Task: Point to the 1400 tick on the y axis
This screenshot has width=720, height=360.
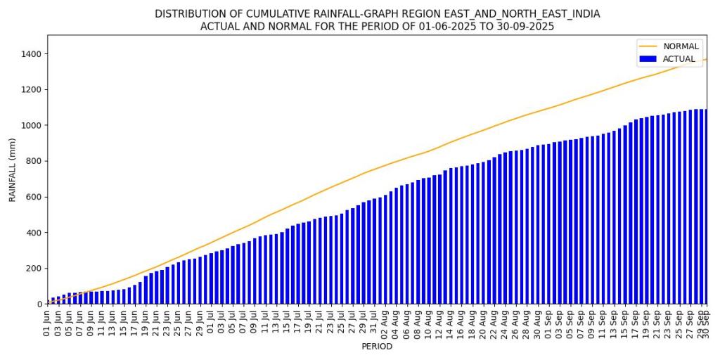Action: pyautogui.click(x=33, y=54)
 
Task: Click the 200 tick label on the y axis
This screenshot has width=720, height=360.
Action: pyautogui.click(x=35, y=269)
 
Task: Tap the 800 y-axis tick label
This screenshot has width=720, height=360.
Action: pyautogui.click(x=35, y=161)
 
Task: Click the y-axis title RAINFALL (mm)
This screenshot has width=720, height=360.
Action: pyautogui.click(x=13, y=169)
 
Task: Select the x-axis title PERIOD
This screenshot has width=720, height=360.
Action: pyautogui.click(x=377, y=347)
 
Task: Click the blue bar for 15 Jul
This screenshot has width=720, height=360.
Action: pyautogui.click(x=287, y=266)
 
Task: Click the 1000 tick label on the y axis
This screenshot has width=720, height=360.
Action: pyautogui.click(x=33, y=125)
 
